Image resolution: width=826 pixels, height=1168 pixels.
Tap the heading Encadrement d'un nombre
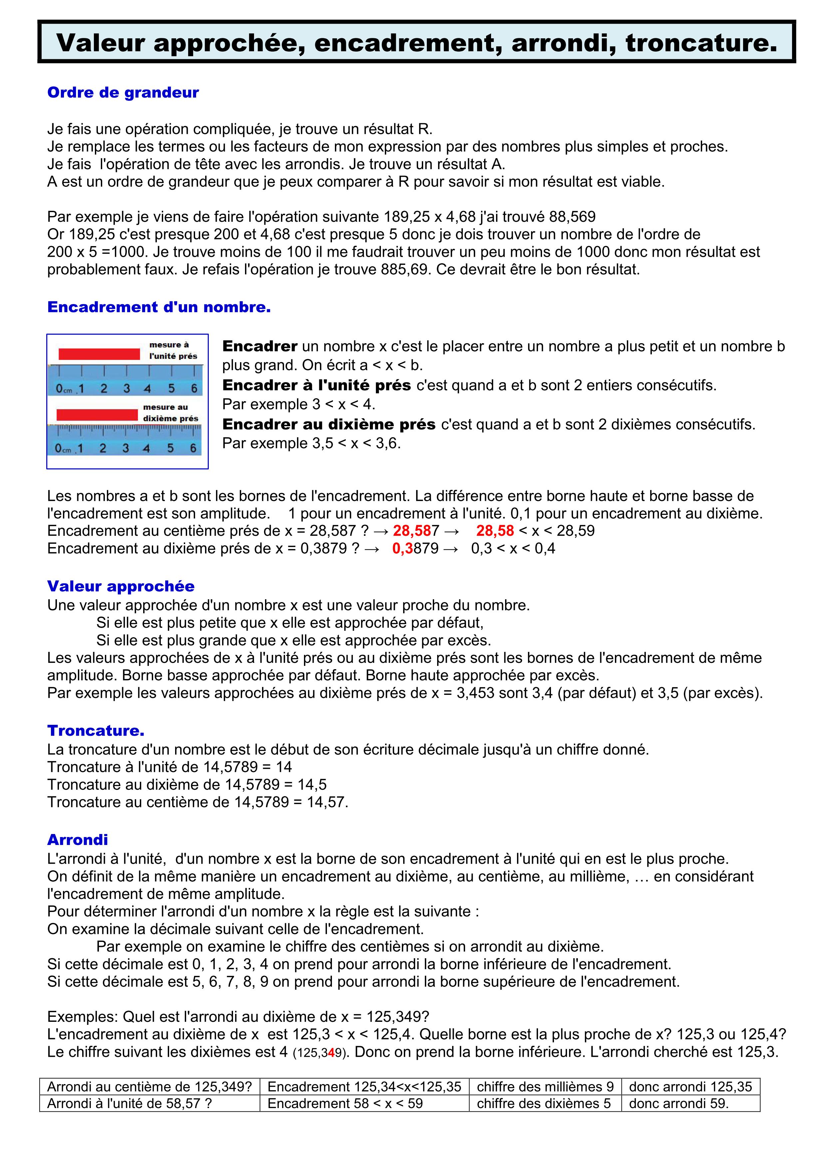click(159, 307)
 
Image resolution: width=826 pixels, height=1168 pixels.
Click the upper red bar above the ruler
click(99, 354)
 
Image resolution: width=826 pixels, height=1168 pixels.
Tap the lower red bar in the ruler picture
click(97, 415)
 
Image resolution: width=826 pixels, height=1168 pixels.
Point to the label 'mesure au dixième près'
click(170, 413)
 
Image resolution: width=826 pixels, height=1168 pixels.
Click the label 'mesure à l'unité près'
click(172, 351)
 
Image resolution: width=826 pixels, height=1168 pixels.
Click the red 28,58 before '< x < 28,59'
click(495, 531)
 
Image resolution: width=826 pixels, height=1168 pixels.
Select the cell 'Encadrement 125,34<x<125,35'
click(364, 1087)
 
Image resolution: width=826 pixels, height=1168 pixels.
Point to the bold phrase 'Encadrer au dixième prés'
click(329, 424)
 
